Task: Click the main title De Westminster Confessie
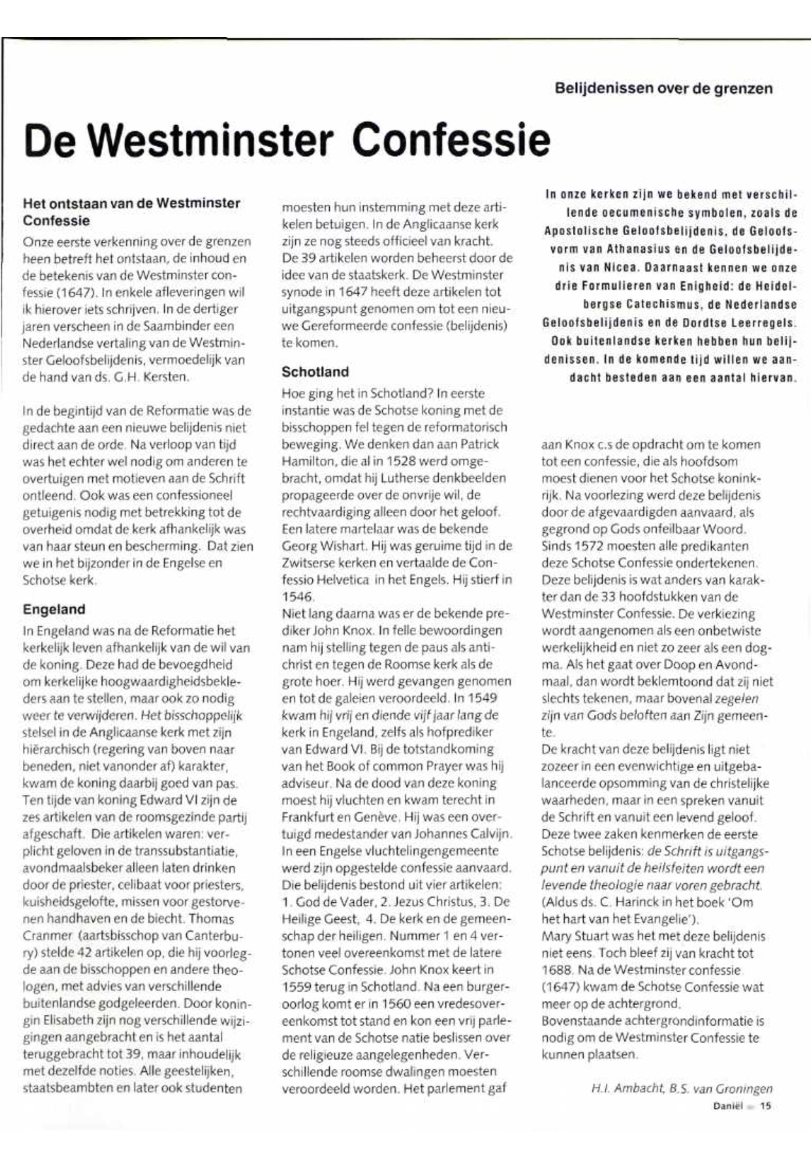[287, 140]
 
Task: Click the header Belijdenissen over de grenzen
[663, 89]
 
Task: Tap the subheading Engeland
[54, 609]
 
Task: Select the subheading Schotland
[315, 372]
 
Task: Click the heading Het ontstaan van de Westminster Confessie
[131, 212]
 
